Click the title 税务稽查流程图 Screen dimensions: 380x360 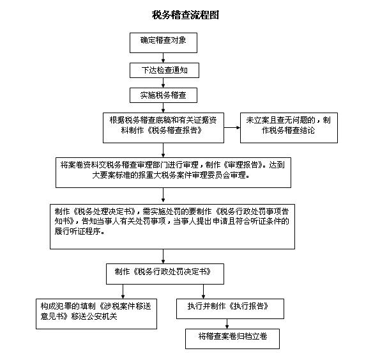click(185, 15)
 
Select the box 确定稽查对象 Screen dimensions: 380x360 click(163, 43)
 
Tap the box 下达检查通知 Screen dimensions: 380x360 click(164, 70)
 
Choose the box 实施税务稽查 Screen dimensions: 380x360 click(163, 95)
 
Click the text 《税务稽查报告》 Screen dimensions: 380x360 click(174, 130)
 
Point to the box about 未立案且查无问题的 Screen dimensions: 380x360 click(289, 128)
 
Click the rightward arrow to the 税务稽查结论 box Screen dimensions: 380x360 click(232, 128)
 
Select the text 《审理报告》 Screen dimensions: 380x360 click(243, 165)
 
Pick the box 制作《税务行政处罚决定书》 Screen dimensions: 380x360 click(165, 274)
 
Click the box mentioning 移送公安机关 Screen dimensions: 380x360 click(96, 314)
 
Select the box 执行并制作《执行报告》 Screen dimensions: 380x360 click(230, 309)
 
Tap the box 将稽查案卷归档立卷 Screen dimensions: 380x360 click(232, 339)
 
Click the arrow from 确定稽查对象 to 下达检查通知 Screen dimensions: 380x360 click(163, 58)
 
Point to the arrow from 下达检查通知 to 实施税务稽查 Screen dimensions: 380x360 click(163, 82)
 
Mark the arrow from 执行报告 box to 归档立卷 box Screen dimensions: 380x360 click(227, 324)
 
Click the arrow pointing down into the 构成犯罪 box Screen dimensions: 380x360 click(123, 292)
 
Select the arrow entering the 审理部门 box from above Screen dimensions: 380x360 click(163, 150)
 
